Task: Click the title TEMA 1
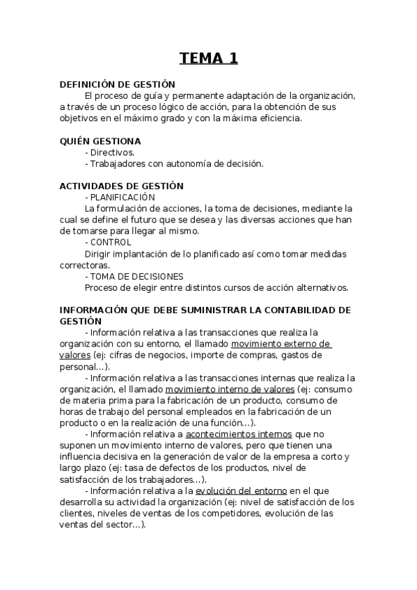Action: pos(208,58)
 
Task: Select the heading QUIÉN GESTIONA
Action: pos(100,141)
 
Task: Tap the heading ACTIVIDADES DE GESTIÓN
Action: pos(122,186)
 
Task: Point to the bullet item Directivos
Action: pos(112,152)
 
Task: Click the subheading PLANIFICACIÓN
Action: pos(123,197)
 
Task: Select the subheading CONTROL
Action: pos(111,242)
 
